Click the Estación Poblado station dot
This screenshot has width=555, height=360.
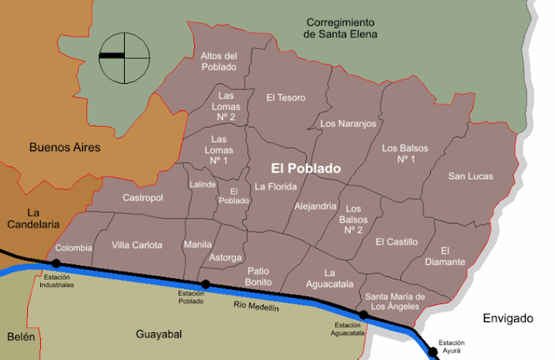(x=206, y=284)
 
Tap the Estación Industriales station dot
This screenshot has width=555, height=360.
(x=56, y=263)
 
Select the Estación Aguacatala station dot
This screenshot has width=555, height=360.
(x=363, y=315)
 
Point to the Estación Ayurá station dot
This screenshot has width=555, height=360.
(x=433, y=352)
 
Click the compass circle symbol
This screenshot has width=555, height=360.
(x=125, y=56)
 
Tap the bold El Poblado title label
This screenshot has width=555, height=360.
(x=305, y=168)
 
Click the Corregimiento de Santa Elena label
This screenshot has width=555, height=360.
(x=340, y=28)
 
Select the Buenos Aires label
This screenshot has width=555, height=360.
(x=65, y=147)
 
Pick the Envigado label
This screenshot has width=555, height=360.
(x=508, y=318)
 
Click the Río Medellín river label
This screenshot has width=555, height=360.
(x=256, y=307)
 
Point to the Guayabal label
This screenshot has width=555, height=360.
(x=158, y=334)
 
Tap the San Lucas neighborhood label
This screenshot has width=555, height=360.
(x=470, y=176)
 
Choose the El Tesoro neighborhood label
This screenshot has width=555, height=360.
(x=286, y=97)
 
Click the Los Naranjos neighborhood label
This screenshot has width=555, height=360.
(x=348, y=123)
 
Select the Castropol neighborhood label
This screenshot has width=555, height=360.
(x=143, y=198)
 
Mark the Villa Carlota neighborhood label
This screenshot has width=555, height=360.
(x=137, y=245)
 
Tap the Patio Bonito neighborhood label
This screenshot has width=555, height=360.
(x=259, y=276)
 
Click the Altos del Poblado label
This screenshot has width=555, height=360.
(x=219, y=61)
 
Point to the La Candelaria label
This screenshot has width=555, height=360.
(x=33, y=218)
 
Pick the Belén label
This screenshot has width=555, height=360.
(x=20, y=337)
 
